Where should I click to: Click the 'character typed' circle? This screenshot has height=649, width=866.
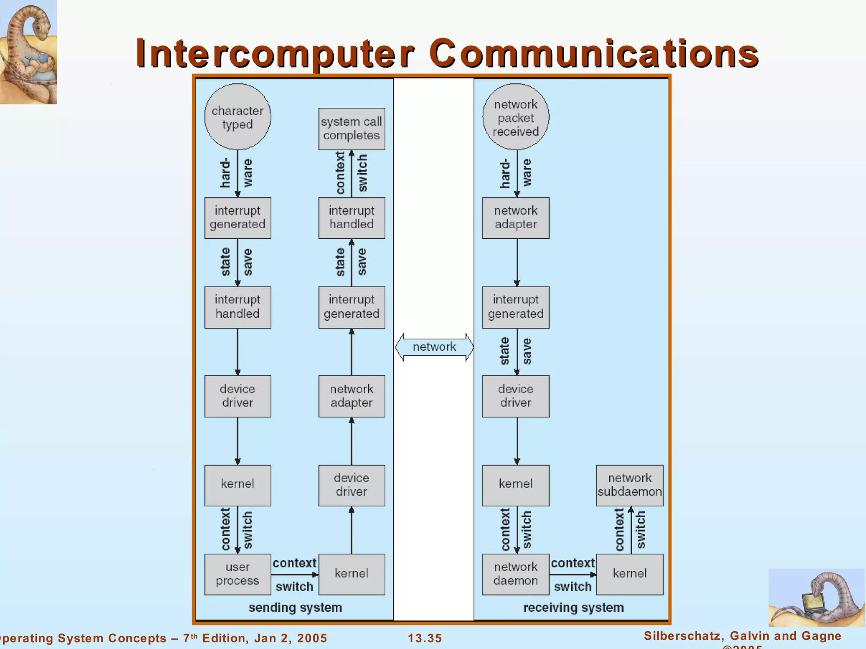click(238, 117)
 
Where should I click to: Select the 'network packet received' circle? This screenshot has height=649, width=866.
click(515, 117)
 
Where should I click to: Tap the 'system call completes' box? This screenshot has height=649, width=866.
click(351, 128)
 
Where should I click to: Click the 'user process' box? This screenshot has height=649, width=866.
click(238, 574)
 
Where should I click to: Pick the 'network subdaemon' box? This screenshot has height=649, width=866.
click(630, 485)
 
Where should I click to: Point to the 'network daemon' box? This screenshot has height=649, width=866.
click(515, 574)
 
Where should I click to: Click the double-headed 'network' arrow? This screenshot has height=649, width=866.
click(434, 347)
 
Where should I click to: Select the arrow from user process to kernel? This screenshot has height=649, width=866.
click(295, 575)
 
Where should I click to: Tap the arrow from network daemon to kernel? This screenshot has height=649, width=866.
click(573, 575)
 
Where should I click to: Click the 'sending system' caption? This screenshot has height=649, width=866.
click(295, 608)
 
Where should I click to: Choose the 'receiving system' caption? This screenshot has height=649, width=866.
click(573, 608)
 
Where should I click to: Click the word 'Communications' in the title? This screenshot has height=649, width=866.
click(594, 54)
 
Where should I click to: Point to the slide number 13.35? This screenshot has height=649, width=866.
click(425, 638)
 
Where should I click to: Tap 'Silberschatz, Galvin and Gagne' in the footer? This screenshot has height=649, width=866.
click(743, 636)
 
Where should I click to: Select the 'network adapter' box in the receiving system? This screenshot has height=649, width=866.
click(515, 218)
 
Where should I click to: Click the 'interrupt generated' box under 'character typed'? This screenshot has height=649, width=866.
click(238, 218)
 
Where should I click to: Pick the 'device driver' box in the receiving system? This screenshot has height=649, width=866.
click(515, 396)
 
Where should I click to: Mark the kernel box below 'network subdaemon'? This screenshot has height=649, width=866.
click(630, 574)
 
